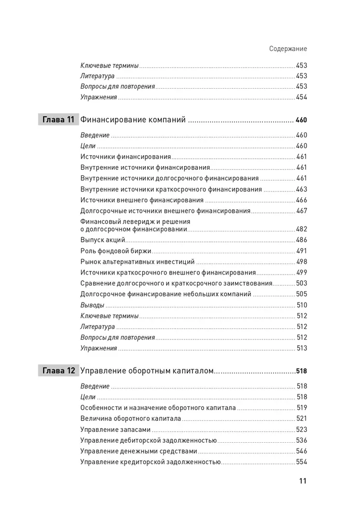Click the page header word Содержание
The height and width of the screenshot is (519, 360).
(288, 49)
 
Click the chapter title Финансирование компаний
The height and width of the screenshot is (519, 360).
(133, 120)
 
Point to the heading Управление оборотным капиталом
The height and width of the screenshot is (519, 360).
(147, 371)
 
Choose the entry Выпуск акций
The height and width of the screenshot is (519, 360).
(103, 240)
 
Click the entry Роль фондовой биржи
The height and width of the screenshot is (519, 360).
(116, 251)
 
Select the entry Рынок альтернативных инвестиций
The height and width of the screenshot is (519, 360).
(137, 262)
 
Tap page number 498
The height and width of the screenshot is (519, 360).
(301, 262)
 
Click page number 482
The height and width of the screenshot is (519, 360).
(301, 229)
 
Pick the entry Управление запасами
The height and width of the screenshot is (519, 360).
(116, 429)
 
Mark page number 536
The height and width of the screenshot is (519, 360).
(301, 440)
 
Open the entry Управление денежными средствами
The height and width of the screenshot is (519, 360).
(139, 451)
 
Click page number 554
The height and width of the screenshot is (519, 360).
(301, 462)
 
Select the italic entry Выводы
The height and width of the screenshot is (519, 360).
(92, 305)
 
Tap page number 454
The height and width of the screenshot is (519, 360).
(301, 97)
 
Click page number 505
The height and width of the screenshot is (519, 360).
(301, 294)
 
